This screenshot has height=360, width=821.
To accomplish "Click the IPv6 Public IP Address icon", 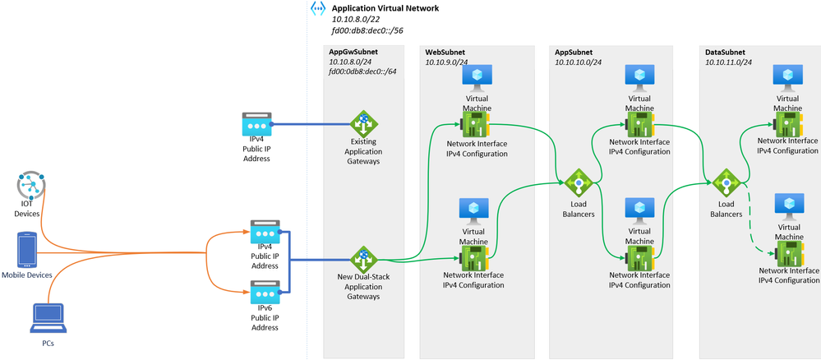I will [x=265, y=293].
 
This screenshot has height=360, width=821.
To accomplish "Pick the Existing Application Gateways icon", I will [x=363, y=124].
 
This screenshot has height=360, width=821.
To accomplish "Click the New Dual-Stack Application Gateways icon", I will [x=363, y=259].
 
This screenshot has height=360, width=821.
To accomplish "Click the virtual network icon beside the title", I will [x=317, y=8].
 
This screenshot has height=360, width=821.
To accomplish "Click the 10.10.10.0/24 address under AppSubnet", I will [x=579, y=62].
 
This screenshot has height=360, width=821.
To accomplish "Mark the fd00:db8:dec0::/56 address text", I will [x=367, y=30].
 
